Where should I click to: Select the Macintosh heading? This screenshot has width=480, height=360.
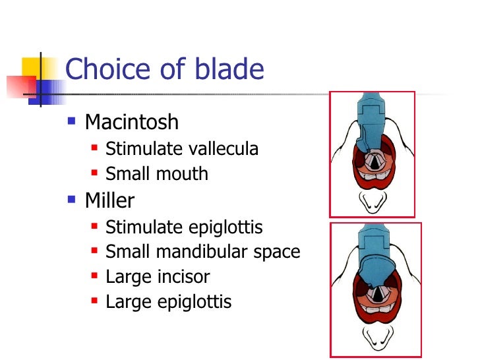(131, 122)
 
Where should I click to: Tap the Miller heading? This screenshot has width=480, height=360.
(109, 200)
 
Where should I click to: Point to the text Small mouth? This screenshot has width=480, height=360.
(156, 174)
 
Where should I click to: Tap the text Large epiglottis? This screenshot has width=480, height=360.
(168, 302)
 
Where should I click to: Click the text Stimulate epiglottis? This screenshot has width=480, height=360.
(184, 227)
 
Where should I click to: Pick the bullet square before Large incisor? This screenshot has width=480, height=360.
(94, 276)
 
